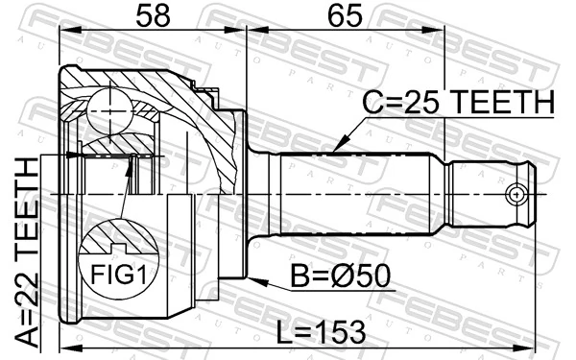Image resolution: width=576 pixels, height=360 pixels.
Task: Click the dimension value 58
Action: pos(152,18)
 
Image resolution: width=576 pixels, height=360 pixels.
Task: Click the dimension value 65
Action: pos(344,18)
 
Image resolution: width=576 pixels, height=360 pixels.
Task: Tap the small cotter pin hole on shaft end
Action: pos(518,195)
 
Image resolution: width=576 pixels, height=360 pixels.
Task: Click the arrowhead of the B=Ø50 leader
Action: pos(224,278)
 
